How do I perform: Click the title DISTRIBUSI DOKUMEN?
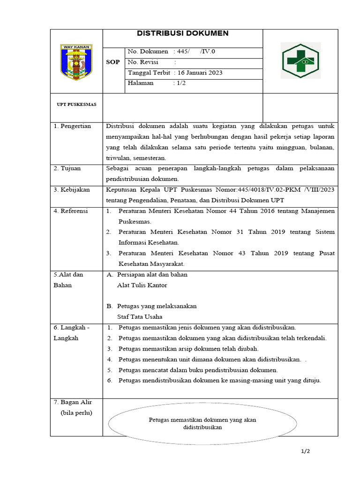coord(182,33)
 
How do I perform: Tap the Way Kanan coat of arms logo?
coord(76,61)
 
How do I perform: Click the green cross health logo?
coord(300,60)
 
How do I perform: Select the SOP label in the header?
coord(113,62)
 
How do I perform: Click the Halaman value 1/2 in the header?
coord(181,83)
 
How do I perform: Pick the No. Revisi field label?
coord(143,62)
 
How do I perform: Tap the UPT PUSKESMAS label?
coord(76,105)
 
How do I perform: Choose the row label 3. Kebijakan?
coord(71,190)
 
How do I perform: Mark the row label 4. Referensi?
coord(71,211)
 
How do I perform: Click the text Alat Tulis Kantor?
coord(142,285)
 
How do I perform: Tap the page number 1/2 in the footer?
coord(306,451)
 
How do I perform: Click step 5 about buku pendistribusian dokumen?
coord(198,370)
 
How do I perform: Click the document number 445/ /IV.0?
coord(195,51)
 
